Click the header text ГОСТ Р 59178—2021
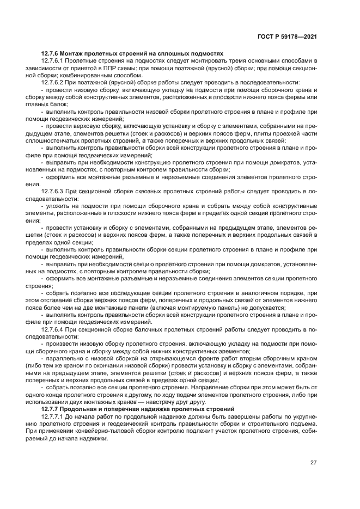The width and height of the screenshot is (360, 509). pos(287,36)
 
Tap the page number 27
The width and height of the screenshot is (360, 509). pos(313,463)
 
